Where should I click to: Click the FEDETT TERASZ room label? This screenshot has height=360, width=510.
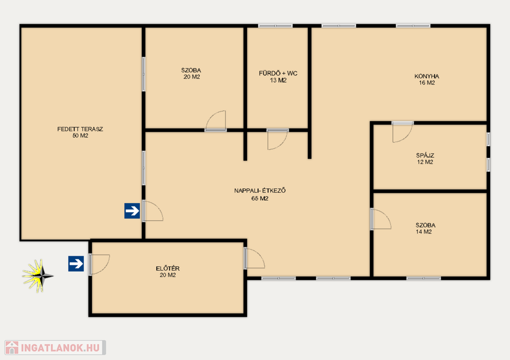[x=80, y=129]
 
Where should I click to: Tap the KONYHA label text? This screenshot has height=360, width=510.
[x=427, y=76]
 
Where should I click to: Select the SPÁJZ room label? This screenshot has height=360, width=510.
[x=425, y=155]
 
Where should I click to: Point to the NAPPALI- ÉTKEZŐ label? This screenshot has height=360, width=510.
[x=260, y=191]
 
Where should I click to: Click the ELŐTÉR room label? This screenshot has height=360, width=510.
[x=168, y=268]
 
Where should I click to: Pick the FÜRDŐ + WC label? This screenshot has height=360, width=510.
[x=278, y=73]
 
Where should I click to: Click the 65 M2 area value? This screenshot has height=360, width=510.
[x=260, y=198]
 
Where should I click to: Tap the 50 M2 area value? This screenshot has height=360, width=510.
[x=80, y=135]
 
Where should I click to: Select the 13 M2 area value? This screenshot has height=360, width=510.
[x=278, y=80]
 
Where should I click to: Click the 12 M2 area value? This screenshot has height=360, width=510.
[x=425, y=162]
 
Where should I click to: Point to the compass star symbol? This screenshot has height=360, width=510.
[x=37, y=276]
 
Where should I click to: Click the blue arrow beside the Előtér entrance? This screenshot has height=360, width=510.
[x=76, y=263]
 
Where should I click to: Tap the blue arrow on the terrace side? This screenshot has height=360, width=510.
[x=132, y=211]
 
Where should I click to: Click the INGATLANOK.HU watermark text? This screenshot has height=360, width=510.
[x=60, y=348]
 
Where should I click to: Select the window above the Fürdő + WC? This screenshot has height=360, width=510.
[x=275, y=26]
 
